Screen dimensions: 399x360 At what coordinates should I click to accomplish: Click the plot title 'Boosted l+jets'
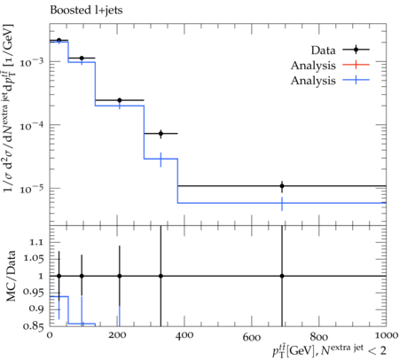point(86,11)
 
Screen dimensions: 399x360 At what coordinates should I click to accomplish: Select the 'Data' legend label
point(324,51)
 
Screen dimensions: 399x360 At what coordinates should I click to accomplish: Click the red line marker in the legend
point(356,65)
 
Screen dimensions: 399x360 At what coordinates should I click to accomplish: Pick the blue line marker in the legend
point(356,80)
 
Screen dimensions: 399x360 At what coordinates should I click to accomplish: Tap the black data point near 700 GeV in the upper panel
point(282,186)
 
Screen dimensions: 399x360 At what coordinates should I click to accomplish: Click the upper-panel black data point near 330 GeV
point(160,134)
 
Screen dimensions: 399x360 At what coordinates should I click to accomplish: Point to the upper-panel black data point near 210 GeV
point(120,100)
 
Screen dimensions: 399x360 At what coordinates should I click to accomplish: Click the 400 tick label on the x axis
point(184,335)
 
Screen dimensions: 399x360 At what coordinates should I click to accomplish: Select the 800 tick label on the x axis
point(319,335)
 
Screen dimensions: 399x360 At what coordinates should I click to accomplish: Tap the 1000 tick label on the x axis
point(386,335)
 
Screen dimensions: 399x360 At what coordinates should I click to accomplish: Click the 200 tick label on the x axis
point(117,335)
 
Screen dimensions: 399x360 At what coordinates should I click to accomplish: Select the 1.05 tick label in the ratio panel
point(33,259)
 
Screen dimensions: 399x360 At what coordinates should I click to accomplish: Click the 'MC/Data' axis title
point(11,276)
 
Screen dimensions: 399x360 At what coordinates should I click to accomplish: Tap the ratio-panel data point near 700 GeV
point(282,276)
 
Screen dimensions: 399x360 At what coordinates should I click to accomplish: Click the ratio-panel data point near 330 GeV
point(160,276)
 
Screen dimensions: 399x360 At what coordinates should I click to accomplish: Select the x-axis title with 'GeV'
point(329,350)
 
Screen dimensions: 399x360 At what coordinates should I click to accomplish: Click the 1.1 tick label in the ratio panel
point(36,242)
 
